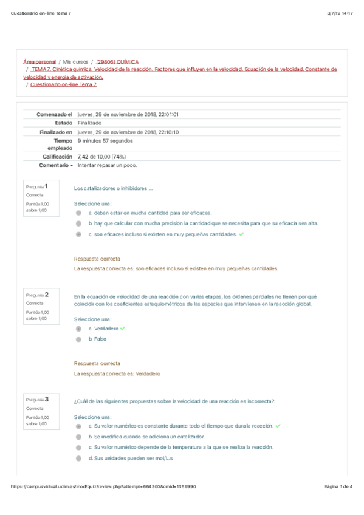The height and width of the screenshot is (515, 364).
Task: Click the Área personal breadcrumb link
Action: point(39,62)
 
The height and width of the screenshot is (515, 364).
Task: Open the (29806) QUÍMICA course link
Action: point(117,62)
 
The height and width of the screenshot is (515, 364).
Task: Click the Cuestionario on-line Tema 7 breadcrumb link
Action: point(63,84)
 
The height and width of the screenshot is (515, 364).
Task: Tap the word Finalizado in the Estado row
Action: point(89,123)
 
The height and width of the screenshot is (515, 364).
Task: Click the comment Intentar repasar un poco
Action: point(108,165)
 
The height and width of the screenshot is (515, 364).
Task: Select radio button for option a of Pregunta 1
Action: point(78,213)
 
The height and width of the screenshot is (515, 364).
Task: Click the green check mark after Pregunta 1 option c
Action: point(242,233)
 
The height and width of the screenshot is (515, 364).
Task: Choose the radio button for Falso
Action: point(78,339)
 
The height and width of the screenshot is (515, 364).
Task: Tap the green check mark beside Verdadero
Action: point(123,328)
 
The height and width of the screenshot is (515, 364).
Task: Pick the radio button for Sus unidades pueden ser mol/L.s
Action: point(78,458)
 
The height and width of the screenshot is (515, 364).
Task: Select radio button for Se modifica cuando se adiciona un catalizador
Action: point(78,437)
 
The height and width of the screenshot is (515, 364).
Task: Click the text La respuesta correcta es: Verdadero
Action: point(117,374)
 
